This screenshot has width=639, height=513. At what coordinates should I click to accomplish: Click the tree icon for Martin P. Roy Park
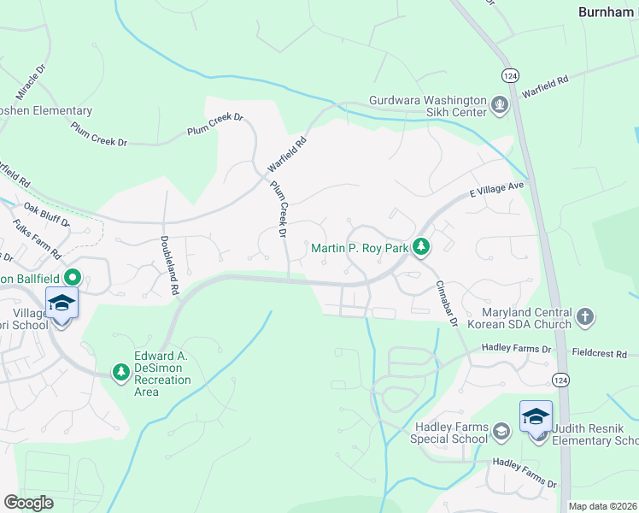[x=420, y=248]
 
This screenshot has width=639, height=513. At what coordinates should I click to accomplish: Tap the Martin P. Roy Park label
[x=359, y=249]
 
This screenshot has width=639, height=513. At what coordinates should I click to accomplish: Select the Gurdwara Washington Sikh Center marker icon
[x=500, y=106]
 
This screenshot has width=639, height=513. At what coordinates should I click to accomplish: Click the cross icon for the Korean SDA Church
[x=585, y=318]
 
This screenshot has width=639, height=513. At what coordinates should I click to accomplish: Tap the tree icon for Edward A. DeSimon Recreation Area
[x=121, y=371]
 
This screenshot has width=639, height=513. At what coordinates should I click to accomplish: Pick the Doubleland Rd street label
[x=168, y=265]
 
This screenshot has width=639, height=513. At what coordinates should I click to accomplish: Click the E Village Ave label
[x=495, y=188]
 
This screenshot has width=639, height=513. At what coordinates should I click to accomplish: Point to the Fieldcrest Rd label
[x=600, y=353]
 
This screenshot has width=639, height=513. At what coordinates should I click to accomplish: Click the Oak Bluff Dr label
[x=46, y=215]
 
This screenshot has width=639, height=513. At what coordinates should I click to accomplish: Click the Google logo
[x=29, y=503]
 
